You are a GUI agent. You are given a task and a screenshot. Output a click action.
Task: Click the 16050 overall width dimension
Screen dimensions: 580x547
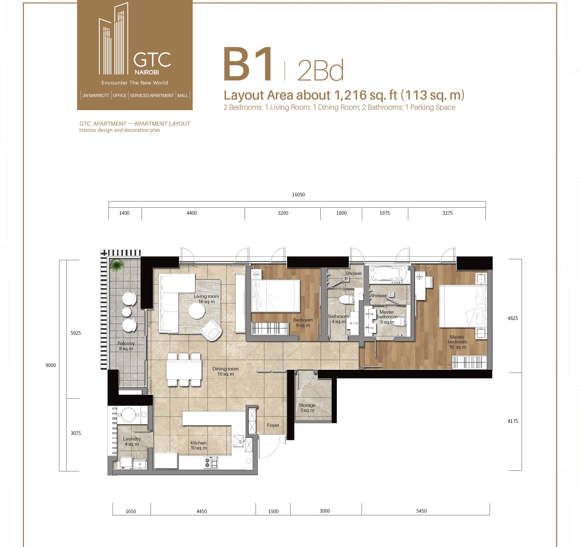(298, 195)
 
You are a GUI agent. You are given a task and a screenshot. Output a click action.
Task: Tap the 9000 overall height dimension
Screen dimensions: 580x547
(50, 365)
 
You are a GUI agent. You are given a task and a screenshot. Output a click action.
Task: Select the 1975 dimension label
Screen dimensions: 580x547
(384, 213)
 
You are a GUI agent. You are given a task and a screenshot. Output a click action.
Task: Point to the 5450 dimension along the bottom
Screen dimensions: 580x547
(421, 511)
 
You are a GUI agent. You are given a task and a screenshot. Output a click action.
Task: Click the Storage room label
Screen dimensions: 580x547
(307, 407)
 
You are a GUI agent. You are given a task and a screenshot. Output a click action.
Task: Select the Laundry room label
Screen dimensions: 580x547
(132, 441)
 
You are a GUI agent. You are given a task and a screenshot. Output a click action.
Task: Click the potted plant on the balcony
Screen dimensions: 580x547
(117, 265)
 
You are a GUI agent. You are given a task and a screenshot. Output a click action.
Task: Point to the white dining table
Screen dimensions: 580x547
(184, 369)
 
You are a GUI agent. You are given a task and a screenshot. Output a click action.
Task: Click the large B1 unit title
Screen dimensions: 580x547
(248, 65)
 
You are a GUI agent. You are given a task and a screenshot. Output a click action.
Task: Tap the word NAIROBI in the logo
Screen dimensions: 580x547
(147, 72)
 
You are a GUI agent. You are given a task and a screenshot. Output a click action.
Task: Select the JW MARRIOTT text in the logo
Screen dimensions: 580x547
(95, 95)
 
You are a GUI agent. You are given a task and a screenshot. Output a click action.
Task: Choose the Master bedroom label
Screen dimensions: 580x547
(457, 342)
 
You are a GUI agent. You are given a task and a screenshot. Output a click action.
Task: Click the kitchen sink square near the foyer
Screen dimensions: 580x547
(239, 441)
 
